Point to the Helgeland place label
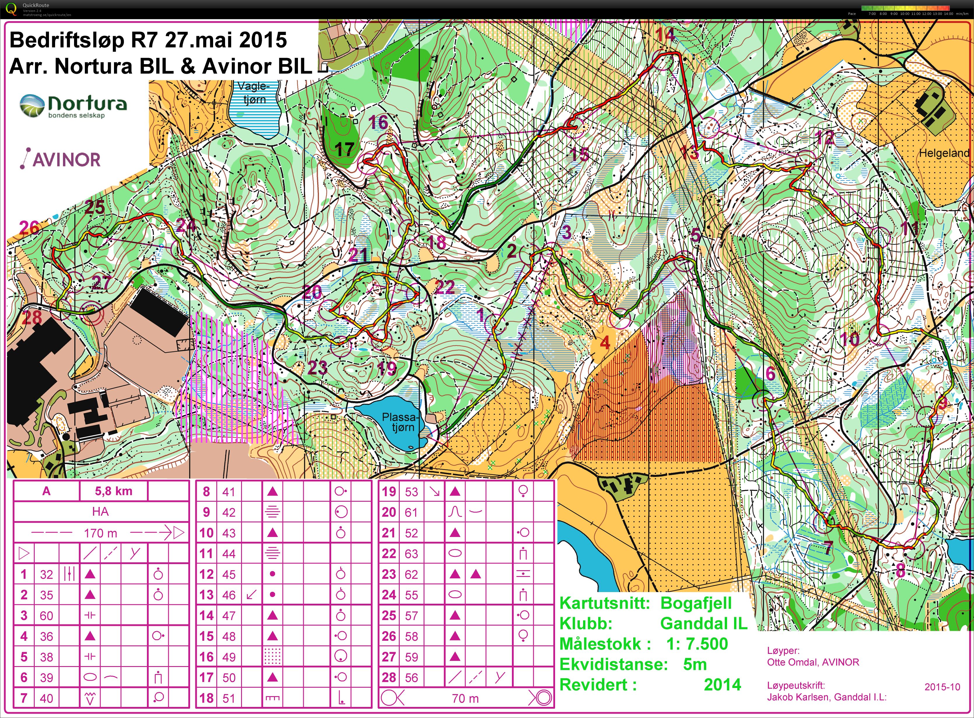pos(944,153)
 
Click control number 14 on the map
pos(665,34)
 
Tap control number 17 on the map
pos(344,150)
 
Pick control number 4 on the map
pos(605,343)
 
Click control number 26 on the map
pos(29,228)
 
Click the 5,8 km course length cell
pos(113,491)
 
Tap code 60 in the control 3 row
pos(47,615)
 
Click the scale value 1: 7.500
pos(697,644)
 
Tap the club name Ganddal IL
pos(703,623)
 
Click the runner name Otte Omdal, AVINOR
pos(813,662)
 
